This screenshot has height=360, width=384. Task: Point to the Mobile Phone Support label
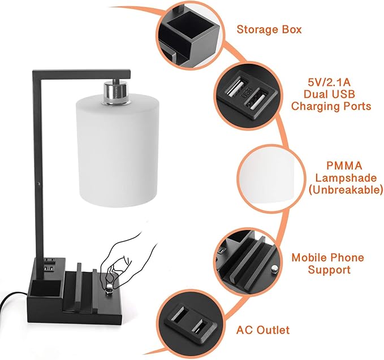point(328,263)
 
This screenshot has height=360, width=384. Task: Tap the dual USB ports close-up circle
point(248,93)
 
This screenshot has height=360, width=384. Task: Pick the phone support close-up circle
point(247,261)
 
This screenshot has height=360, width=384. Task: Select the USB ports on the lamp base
point(49,263)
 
